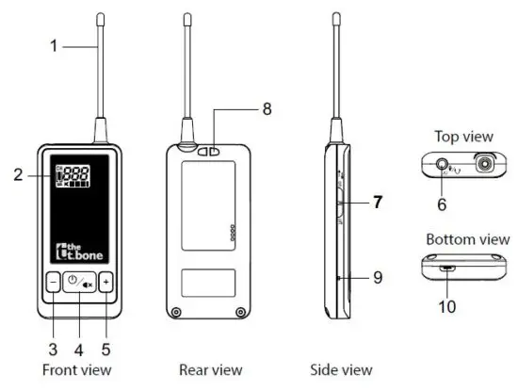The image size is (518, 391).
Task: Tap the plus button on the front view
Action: click(105, 281)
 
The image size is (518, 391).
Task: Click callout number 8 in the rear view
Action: click(267, 109)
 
